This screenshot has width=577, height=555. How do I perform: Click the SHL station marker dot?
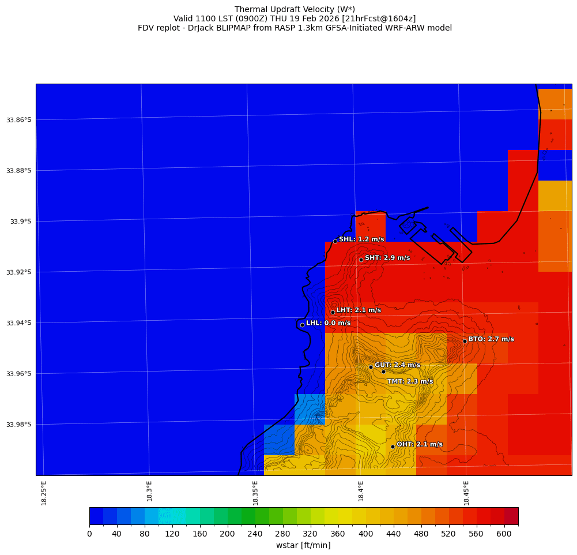335,241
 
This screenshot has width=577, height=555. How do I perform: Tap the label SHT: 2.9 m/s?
387,258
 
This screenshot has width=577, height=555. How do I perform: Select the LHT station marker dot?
333,312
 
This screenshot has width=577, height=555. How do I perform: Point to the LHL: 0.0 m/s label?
328,323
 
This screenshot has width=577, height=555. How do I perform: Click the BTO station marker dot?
465,341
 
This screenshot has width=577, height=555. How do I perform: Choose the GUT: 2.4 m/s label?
397,365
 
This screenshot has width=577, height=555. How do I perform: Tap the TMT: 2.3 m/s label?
410,381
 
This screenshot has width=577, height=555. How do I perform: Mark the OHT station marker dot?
393,447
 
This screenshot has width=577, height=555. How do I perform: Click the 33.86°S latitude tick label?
19,120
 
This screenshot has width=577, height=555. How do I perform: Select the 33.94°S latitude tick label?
19,323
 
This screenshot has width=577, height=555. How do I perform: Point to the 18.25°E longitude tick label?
44,493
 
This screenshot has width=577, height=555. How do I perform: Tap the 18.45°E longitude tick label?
466,493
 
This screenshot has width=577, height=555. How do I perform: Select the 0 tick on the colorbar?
89,534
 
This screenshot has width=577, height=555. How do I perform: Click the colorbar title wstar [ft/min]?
303,545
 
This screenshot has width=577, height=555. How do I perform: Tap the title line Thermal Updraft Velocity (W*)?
295,9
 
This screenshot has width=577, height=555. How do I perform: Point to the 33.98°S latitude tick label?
19,425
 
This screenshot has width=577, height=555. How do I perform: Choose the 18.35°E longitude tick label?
255,493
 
